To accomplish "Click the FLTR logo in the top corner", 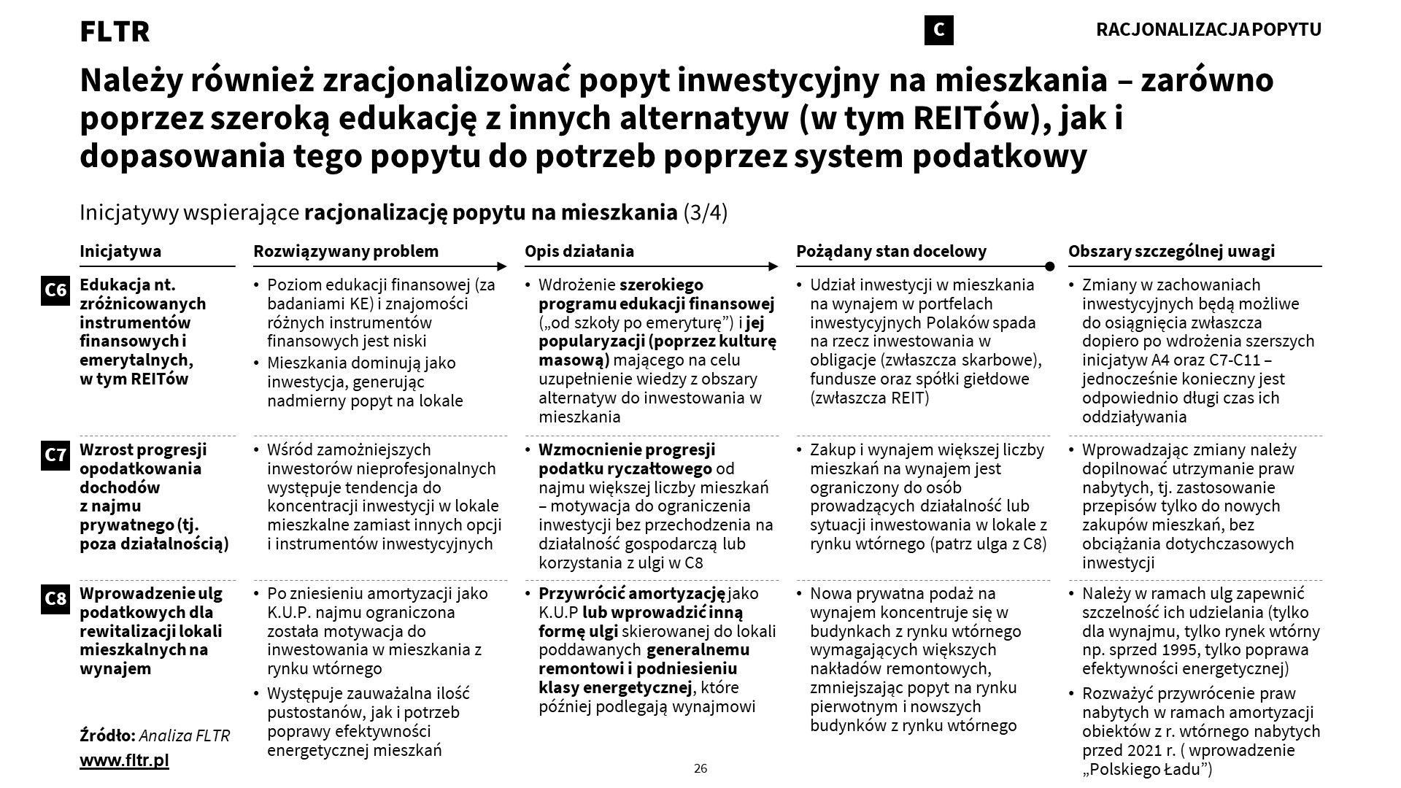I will tap(115, 31).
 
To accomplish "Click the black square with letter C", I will tap(938, 30).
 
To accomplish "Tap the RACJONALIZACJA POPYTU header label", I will tap(1208, 30).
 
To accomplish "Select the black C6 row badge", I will tap(55, 290).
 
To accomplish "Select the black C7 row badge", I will tap(55, 455).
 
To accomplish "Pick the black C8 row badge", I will tap(55, 599).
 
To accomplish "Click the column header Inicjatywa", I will tap(120, 252).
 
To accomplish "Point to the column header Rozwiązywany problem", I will tap(346, 252).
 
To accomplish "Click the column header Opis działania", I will tap(579, 252).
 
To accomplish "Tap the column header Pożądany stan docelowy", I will tap(891, 252).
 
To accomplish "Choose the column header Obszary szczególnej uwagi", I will tap(1171, 252).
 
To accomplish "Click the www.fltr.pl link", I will tap(124, 760).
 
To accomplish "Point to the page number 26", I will tap(700, 768).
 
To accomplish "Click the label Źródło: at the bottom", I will tap(107, 735).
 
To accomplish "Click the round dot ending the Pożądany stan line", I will tap(1049, 266).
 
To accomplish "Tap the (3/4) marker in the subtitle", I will tap(705, 213).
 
